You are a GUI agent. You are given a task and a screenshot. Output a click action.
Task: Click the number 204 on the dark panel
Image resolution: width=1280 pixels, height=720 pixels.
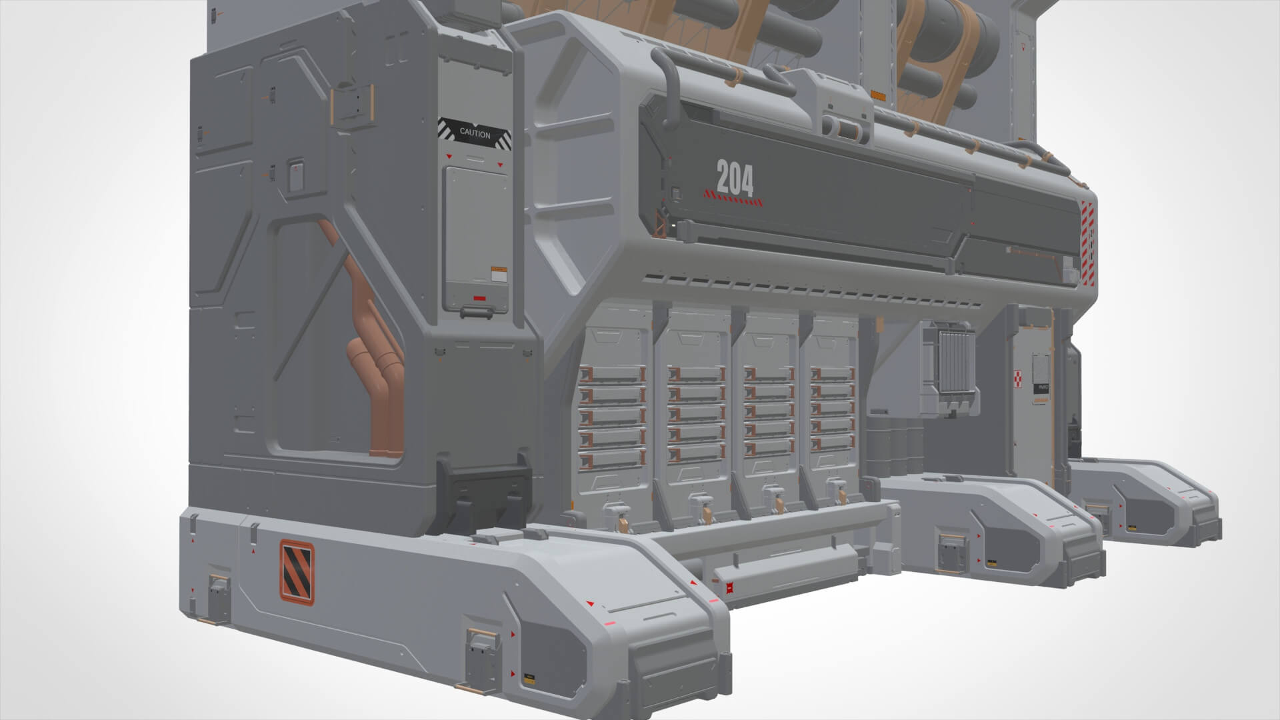click(x=735, y=178)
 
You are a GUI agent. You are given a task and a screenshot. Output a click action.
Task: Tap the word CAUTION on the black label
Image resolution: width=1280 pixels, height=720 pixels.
click(x=475, y=133)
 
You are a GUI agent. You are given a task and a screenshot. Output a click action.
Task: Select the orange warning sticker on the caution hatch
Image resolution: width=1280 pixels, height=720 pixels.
click(x=497, y=273)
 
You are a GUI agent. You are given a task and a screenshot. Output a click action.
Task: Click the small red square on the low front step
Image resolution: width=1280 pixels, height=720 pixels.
click(x=729, y=588)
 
